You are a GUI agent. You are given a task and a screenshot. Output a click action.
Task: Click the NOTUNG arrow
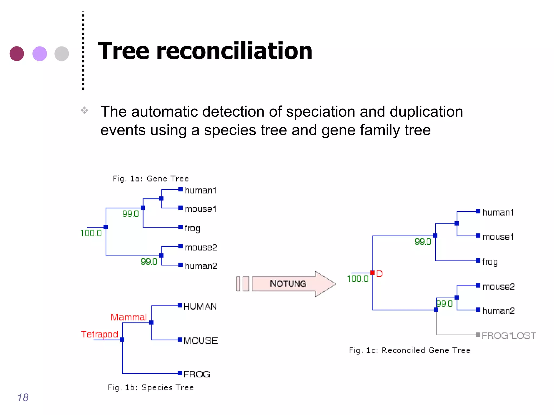point(288,284)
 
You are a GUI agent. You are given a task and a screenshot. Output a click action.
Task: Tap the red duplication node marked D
point(372,273)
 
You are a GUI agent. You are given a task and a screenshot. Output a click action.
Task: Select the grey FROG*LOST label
point(508,336)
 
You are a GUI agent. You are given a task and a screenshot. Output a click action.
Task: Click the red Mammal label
point(129,317)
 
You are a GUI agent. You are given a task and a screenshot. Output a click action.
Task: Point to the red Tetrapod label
point(100,334)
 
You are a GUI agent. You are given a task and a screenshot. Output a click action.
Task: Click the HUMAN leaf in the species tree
point(200,306)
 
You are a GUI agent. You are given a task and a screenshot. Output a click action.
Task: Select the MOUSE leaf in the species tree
point(200,340)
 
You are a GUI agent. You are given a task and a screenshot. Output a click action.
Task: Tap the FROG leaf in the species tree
point(197,374)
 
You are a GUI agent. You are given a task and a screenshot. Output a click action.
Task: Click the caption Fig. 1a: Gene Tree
point(151,179)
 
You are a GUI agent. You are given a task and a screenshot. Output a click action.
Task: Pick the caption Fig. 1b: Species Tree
point(151,387)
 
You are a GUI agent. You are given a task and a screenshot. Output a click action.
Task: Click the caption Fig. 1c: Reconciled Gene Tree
point(410,350)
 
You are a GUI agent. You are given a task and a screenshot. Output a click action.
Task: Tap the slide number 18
point(23,397)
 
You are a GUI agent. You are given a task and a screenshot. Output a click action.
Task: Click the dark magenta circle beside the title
point(17,53)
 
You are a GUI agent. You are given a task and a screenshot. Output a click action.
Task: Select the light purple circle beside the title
point(40,53)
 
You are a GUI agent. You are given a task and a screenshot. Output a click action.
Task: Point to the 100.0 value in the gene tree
point(91,233)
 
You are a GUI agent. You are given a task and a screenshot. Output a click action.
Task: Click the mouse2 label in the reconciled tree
point(498,286)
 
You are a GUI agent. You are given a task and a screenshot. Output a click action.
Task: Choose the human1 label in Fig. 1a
point(200,190)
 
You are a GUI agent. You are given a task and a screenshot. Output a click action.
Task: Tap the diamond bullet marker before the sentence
point(84,110)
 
